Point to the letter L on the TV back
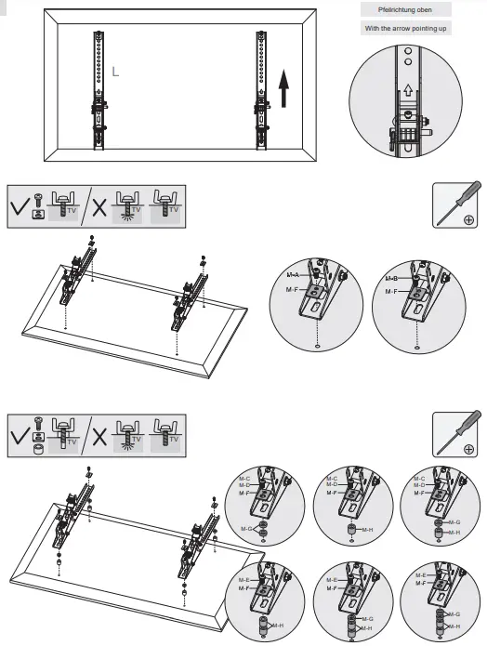coord(114,71)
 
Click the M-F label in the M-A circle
coord(293,291)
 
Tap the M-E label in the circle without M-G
coord(243,578)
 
